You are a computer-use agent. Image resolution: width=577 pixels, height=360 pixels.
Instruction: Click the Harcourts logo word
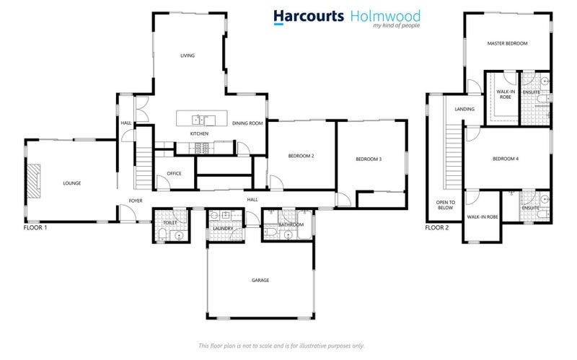308,17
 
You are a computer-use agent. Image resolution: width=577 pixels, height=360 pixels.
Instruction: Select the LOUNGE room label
72,183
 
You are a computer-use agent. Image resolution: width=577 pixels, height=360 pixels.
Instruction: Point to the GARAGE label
260,280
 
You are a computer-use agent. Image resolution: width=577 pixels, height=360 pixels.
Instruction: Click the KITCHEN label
199,133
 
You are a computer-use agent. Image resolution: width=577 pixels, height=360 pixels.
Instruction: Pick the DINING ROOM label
247,123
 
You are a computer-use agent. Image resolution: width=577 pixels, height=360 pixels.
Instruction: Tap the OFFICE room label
174,173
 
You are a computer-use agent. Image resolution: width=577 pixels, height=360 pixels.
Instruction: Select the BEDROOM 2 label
301,156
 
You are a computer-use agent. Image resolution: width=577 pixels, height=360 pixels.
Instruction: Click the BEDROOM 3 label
369,159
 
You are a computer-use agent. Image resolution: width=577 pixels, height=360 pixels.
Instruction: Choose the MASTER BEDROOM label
507,43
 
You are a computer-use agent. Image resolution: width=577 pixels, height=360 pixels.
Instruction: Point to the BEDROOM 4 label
506,159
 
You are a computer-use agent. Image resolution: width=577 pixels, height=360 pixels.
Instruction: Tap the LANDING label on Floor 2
464,109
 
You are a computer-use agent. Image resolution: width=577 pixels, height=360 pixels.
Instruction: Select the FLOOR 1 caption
36,227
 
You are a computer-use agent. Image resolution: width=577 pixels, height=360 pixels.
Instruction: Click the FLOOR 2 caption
436,227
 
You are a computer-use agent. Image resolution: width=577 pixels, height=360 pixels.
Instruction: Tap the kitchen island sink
200,119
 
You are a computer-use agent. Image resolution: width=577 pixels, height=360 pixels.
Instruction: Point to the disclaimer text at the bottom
281,345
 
